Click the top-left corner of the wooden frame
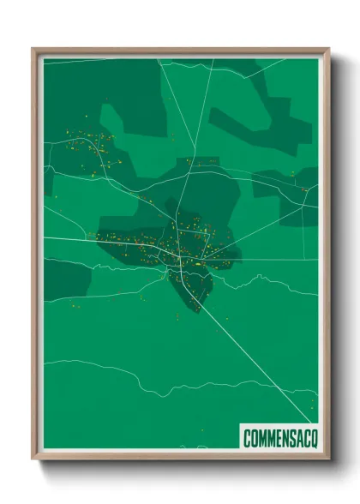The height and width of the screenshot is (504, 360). click(33, 49)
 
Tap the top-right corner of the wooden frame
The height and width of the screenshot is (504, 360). click(328, 49)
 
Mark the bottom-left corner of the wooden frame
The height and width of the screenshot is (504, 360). click(33, 459)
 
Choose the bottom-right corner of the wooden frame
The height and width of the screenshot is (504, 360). click(328, 459)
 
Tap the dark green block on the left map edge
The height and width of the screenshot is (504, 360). click(64, 279)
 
